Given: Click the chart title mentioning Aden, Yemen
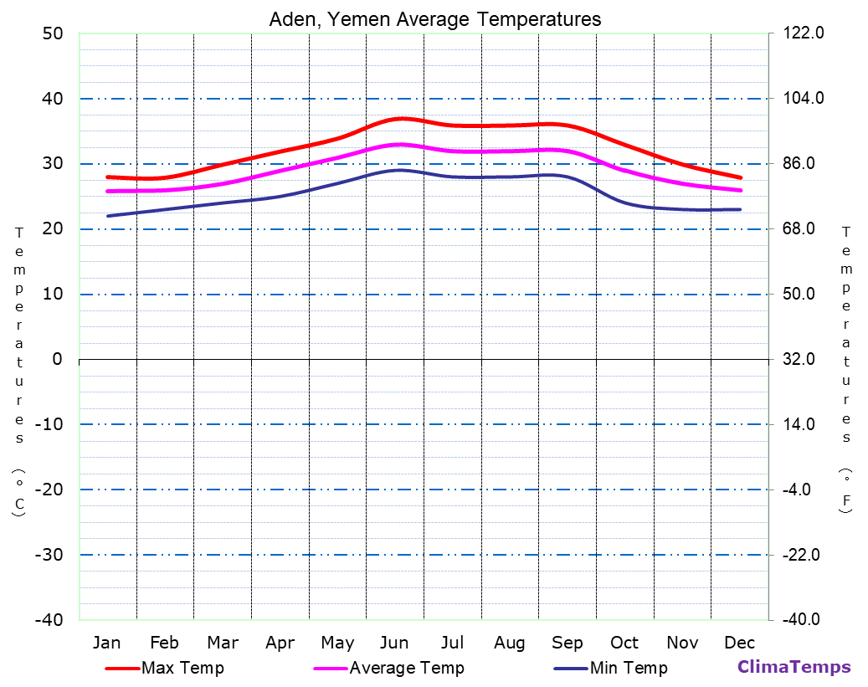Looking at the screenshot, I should (x=434, y=18).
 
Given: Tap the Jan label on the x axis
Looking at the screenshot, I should (x=106, y=643).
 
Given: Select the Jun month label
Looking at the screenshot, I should (x=394, y=643).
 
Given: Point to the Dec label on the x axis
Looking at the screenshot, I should (x=740, y=643).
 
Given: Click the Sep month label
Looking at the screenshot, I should (x=568, y=643).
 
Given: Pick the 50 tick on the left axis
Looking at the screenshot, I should (x=53, y=33).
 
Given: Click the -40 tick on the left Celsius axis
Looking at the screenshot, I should (x=49, y=620).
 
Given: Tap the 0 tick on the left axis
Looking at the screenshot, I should (x=57, y=359).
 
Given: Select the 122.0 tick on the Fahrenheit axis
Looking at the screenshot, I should (x=804, y=33).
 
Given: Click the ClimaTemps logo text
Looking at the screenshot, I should (x=794, y=667).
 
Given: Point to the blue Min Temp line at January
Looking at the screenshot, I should (x=108, y=216).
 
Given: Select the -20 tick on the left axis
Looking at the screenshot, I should (x=49, y=490).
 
